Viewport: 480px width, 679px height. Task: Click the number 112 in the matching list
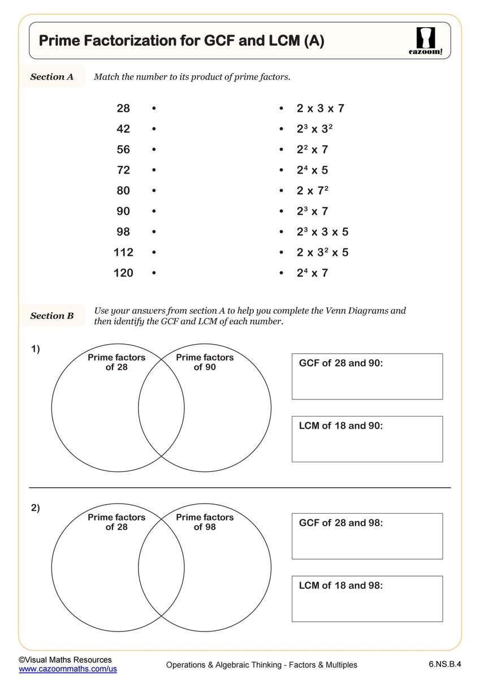(x=123, y=252)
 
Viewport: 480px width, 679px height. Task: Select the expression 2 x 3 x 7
(x=320, y=109)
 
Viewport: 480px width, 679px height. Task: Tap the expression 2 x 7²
(x=313, y=191)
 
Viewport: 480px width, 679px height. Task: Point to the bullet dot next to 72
(x=154, y=170)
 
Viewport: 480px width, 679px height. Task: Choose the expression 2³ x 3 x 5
(x=322, y=232)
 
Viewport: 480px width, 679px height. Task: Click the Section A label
(x=52, y=77)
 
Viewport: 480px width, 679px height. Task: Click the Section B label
(x=52, y=316)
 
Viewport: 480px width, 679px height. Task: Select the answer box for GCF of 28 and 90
(x=367, y=376)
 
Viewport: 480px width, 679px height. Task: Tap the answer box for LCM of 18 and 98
(x=367, y=599)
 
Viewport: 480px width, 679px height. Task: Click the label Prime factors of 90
(x=205, y=362)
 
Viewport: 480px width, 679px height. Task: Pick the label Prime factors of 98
(x=205, y=522)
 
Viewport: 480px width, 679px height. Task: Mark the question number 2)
(x=35, y=508)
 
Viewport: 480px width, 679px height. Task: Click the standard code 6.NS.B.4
(x=438, y=664)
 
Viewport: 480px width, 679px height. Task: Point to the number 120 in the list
(x=123, y=273)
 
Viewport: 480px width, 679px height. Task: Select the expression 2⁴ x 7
(x=312, y=273)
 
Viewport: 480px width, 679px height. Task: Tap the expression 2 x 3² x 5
(x=322, y=252)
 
